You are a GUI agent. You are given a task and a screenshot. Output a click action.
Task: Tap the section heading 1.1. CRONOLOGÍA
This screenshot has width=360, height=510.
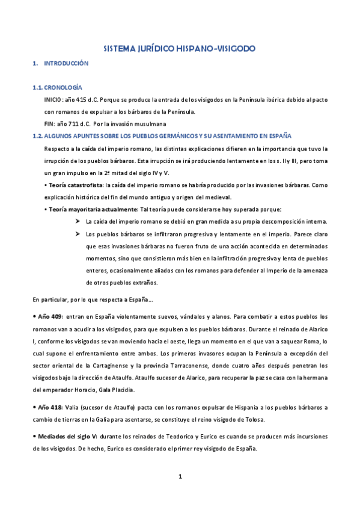tap(58, 88)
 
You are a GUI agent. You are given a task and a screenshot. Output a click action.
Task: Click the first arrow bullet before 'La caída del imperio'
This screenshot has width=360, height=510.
tap(78, 221)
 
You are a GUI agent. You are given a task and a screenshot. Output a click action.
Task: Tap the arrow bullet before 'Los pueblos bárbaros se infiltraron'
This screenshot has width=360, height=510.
tap(78, 233)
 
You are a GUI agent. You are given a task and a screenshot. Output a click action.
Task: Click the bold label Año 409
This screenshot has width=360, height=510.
tap(50, 316)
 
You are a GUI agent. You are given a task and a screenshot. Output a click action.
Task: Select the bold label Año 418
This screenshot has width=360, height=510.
tap(50, 407)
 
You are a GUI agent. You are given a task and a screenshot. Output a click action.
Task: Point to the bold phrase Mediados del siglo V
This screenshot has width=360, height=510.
tap(66, 436)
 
